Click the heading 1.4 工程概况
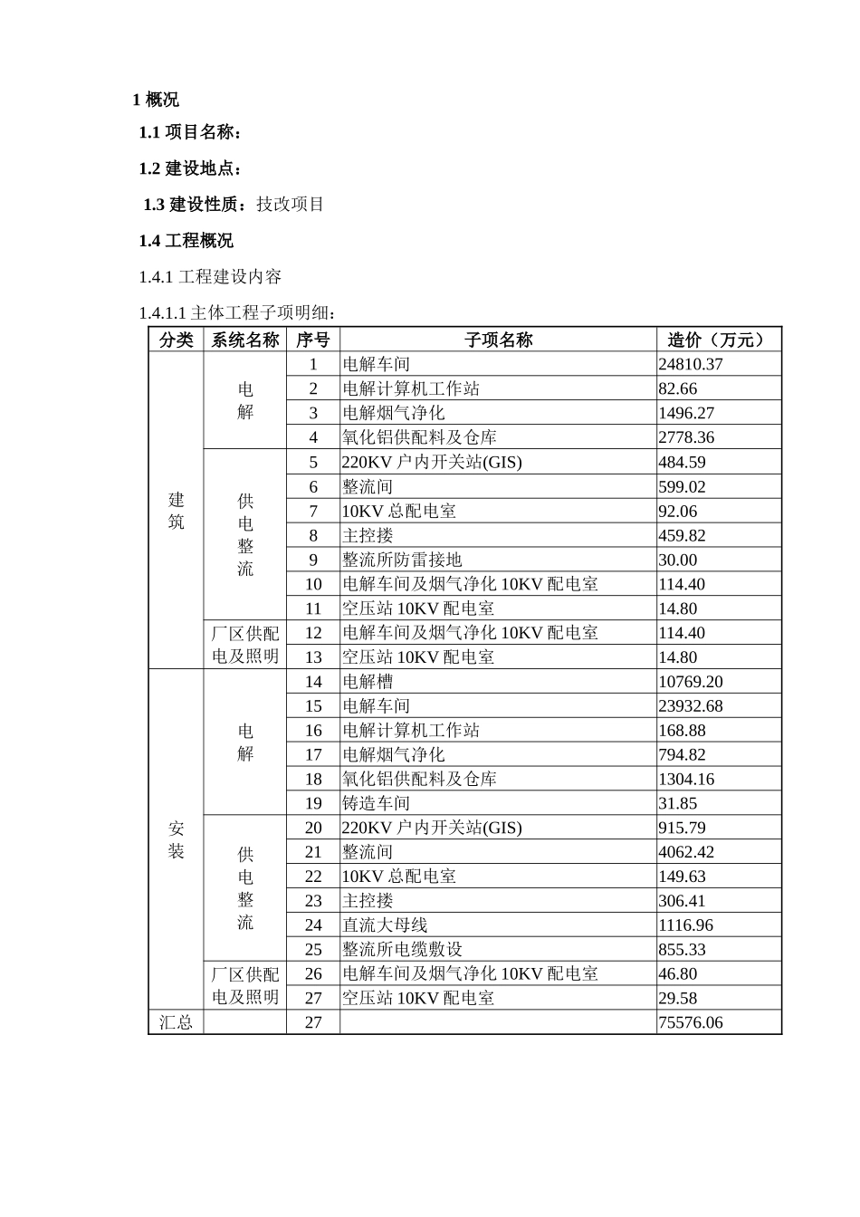pyautogui.click(x=186, y=241)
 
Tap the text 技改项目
pyautogui.click(x=290, y=205)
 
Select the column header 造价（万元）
pyautogui.click(x=718, y=340)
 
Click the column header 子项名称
pyautogui.click(x=498, y=340)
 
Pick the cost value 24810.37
pyautogui.click(x=691, y=364)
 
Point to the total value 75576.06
pyautogui.click(x=691, y=1022)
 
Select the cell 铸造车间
pyautogui.click(x=376, y=803)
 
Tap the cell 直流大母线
pyautogui.click(x=385, y=925)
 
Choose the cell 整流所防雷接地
pyautogui.click(x=402, y=560)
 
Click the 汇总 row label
pyautogui.click(x=176, y=1022)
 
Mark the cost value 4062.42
pyautogui.click(x=686, y=852)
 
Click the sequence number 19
pyautogui.click(x=313, y=803)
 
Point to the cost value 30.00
pyautogui.click(x=678, y=560)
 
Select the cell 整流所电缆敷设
pyautogui.click(x=402, y=950)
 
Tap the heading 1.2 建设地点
pyautogui.click(x=190, y=168)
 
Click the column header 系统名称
pyautogui.click(x=245, y=340)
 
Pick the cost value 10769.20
pyautogui.click(x=691, y=682)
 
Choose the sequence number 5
pyautogui.click(x=313, y=462)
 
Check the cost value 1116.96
pyautogui.click(x=686, y=925)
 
